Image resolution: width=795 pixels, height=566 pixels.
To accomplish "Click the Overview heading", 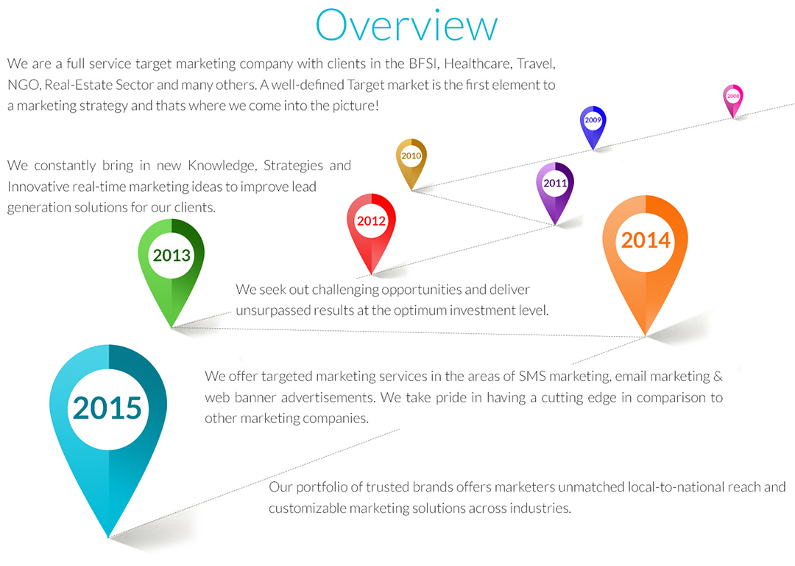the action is point(406,25).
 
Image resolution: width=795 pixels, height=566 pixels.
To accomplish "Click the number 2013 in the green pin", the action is point(172,255).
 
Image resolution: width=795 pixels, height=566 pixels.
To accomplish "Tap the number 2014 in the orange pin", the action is point(646,240).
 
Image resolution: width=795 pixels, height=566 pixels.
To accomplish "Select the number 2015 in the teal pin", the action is point(107,408).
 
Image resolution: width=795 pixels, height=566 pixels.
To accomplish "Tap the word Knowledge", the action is point(222,166).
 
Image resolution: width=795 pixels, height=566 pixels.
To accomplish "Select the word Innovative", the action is point(38,186).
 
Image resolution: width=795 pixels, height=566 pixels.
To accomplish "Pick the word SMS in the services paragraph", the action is point(532,376).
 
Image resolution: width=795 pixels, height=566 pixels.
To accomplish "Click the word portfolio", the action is point(321,487).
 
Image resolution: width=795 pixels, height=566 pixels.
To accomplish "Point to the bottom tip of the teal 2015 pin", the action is point(108,537).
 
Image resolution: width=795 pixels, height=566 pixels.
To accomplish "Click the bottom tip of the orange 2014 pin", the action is point(645,336).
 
